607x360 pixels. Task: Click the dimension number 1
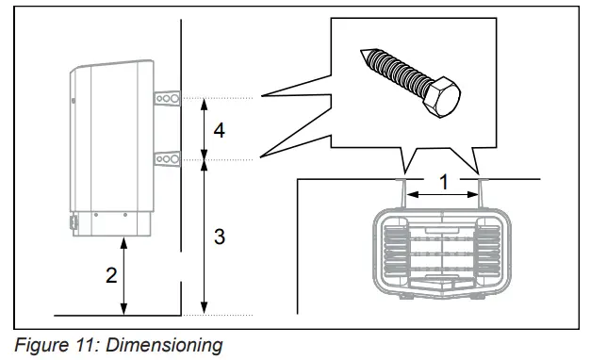pyautogui.click(x=443, y=178)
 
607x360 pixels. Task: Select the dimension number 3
pyautogui.click(x=219, y=237)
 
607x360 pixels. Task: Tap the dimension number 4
pyautogui.click(x=219, y=130)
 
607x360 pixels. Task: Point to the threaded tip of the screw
pyautogui.click(x=369, y=57)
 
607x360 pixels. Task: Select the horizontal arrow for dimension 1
pyautogui.click(x=443, y=194)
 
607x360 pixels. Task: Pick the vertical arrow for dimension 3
pyautogui.click(x=205, y=237)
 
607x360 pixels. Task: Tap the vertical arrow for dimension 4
pyautogui.click(x=205, y=129)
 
